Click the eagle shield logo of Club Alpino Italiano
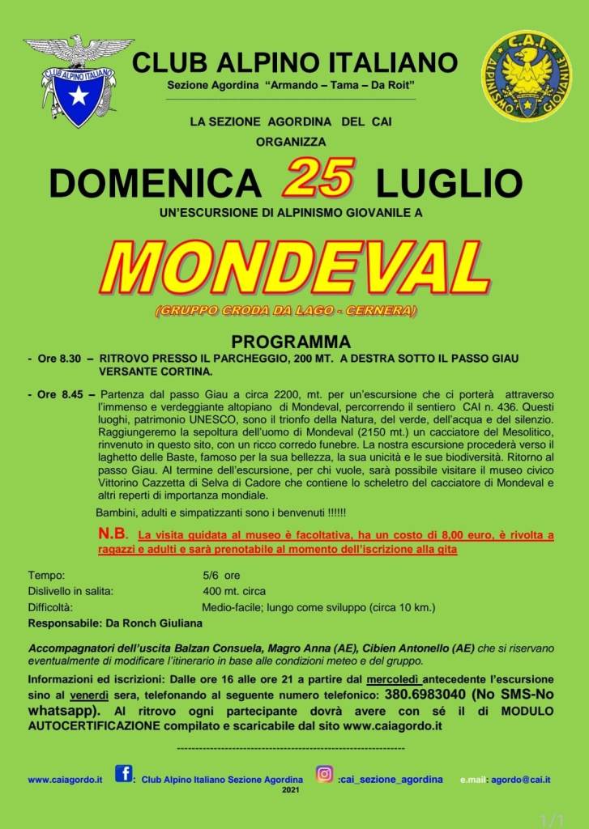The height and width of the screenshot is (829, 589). [x=78, y=79]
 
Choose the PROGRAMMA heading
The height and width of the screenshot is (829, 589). [x=291, y=341]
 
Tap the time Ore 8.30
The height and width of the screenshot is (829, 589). [x=58, y=358]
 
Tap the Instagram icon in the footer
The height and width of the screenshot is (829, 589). [x=324, y=774]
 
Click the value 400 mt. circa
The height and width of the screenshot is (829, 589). [x=234, y=591]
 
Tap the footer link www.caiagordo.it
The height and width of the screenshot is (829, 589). [x=65, y=780]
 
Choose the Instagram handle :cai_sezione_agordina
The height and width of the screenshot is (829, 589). [x=391, y=779]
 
